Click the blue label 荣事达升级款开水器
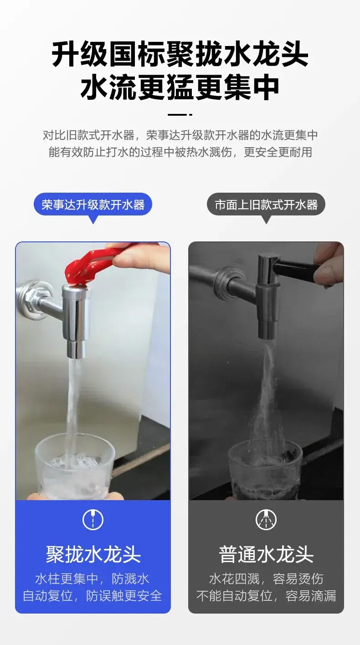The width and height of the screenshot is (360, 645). (x=93, y=205)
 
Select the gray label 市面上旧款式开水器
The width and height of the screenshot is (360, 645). (x=266, y=205)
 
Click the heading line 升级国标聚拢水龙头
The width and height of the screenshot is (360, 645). (x=180, y=54)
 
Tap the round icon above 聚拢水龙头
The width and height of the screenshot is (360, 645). (x=93, y=520)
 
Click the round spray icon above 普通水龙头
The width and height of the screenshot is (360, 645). (x=266, y=520)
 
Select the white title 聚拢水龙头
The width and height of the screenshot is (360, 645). (x=93, y=554)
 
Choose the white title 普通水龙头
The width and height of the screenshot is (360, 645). (x=266, y=554)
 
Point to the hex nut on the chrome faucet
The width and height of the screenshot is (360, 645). (x=32, y=299)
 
